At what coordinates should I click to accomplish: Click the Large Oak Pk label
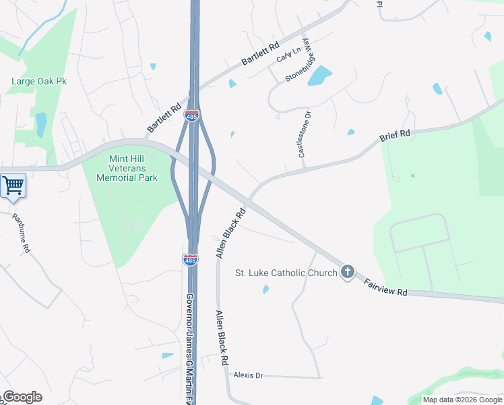pos(39,82)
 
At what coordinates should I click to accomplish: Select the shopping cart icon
pos(13,185)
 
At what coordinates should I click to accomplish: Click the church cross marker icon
pos(347,273)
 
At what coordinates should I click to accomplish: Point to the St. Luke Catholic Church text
pos(286,273)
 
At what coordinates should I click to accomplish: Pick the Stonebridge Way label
pos(301,61)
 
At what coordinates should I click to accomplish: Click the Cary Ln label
pos(289,53)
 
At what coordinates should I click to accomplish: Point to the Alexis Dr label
pos(248,375)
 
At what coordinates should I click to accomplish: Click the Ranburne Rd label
pos(21,233)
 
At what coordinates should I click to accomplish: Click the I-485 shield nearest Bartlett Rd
pos(192,116)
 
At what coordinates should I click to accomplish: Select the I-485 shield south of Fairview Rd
pos(191,260)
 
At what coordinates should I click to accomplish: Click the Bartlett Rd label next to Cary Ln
pos(260,56)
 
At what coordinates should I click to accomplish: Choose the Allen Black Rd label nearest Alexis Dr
pos(222,337)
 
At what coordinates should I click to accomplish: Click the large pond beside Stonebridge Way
pos(320,76)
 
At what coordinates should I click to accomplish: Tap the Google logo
pos(22,397)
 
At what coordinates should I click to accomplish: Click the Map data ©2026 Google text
pos(462,400)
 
